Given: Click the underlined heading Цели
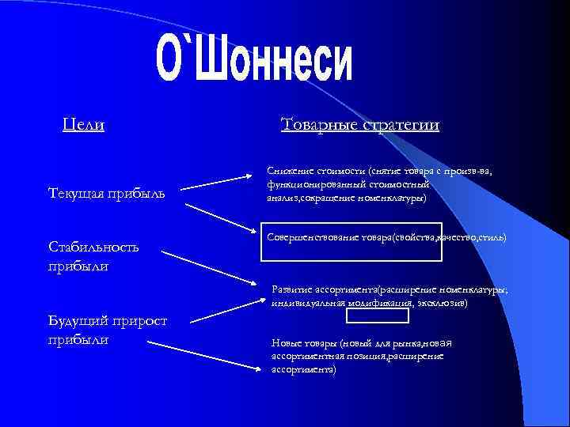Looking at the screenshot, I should point(83,125).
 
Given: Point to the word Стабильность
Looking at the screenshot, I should point(93,247).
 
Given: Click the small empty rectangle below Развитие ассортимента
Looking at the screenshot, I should point(378,316).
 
